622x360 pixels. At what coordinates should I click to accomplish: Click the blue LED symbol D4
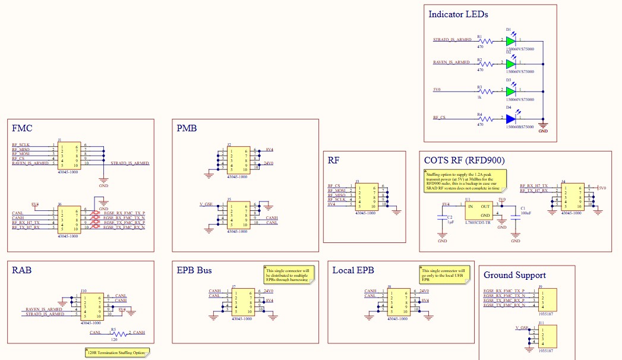pos(510,119)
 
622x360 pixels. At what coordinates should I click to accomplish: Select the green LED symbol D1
pos(510,42)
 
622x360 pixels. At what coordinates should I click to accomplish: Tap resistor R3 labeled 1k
pos(487,92)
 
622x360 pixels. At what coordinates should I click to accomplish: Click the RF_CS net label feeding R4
pos(440,118)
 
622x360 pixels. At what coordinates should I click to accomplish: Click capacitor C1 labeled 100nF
pos(516,219)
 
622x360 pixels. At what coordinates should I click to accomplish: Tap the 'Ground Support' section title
pos(514,275)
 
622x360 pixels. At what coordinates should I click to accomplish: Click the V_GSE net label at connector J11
pos(522,328)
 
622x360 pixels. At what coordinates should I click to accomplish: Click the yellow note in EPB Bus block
pos(289,274)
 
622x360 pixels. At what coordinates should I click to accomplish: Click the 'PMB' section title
pos(187,128)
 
